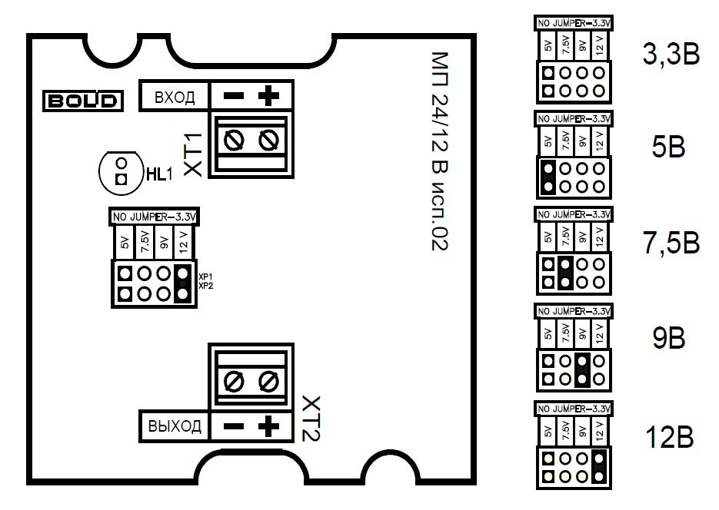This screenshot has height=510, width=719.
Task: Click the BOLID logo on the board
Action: click(82, 101)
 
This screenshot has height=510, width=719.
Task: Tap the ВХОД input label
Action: click(175, 98)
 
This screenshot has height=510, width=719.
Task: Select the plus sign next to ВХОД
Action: click(268, 97)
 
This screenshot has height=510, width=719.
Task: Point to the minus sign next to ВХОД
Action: click(234, 98)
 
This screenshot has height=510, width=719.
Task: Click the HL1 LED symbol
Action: click(120, 171)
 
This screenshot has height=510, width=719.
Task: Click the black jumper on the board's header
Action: click(181, 283)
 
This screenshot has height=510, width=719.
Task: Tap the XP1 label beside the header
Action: click(205, 275)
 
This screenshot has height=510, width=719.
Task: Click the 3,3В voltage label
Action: click(671, 55)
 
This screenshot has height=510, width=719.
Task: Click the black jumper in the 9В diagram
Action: click(582, 369)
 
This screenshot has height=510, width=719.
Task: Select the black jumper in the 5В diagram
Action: click(548, 177)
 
